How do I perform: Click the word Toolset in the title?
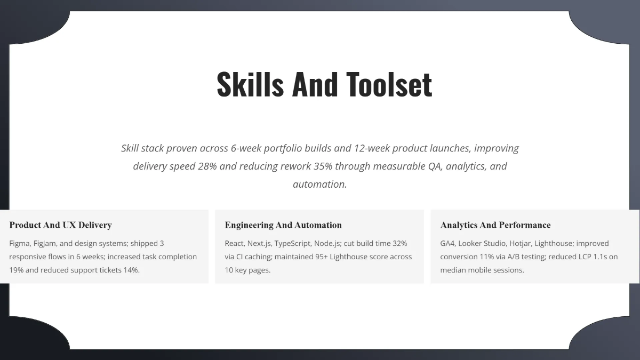pyautogui.click(x=389, y=84)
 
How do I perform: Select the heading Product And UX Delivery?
pyautogui.click(x=60, y=225)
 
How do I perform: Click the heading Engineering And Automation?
pyautogui.click(x=283, y=225)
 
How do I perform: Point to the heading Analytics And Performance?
pyautogui.click(x=495, y=225)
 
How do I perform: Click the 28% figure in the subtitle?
pyautogui.click(x=207, y=166)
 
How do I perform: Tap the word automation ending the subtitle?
pyautogui.click(x=319, y=184)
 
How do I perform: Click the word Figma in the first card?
pyautogui.click(x=20, y=243)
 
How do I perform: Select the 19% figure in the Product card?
pyautogui.click(x=17, y=270)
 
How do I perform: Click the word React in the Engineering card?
pyautogui.click(x=235, y=243)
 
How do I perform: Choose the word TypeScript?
pyautogui.click(x=293, y=243)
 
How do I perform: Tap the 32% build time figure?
pyautogui.click(x=399, y=243)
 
